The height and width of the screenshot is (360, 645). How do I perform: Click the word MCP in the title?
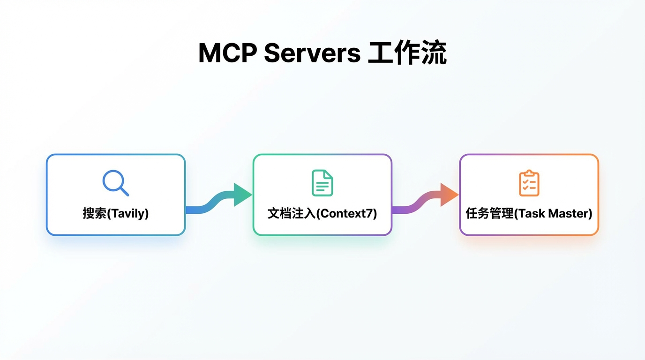227,53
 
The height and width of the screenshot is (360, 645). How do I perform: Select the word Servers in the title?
312,53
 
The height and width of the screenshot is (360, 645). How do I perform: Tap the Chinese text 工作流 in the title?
407,53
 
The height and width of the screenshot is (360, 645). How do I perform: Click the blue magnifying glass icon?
115,182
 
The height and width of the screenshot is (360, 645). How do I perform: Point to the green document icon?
322,183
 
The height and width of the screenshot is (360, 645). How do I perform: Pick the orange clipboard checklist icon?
529,183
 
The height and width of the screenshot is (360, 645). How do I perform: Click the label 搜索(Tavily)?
116,214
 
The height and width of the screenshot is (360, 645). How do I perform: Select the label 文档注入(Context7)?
322,214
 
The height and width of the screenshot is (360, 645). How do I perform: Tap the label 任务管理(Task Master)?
529,214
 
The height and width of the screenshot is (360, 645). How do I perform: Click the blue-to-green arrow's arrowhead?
242,195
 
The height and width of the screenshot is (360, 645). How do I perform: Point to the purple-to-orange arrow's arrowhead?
449,195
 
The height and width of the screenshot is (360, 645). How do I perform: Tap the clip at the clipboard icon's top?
529,173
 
